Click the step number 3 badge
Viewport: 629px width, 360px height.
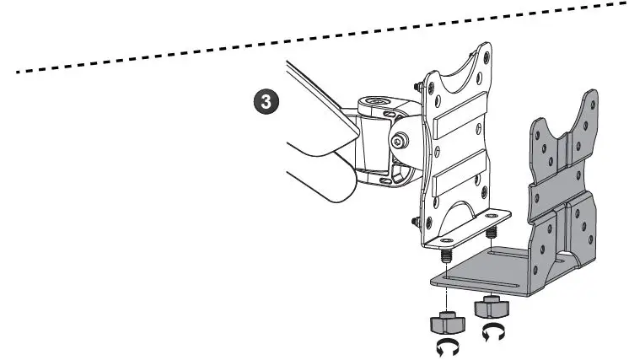tap(266, 104)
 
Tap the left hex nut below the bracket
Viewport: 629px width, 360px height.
tap(449, 321)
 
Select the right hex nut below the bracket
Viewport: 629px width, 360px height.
tap(489, 307)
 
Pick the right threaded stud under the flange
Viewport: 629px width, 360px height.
tap(491, 228)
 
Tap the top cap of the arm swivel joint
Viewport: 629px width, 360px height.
tap(379, 105)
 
